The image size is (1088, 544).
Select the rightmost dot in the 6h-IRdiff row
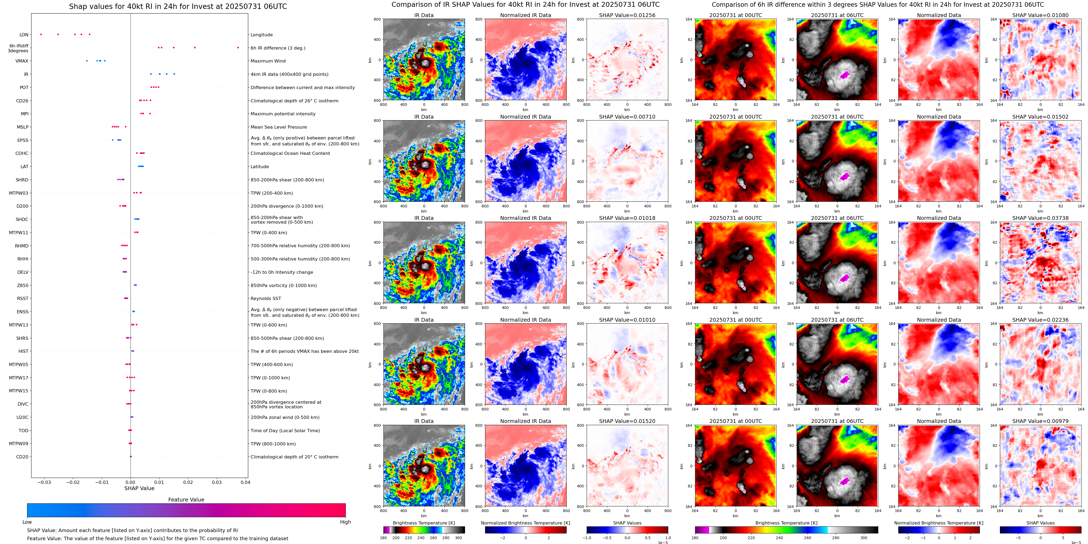tap(238, 48)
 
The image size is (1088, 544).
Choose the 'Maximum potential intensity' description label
tap(283, 114)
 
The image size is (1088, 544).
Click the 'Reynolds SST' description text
tap(266, 298)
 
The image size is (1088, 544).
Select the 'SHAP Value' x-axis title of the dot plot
tap(139, 488)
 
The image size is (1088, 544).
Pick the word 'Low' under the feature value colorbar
tap(27, 522)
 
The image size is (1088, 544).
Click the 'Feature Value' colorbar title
tap(186, 500)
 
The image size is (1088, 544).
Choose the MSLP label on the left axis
tap(22, 127)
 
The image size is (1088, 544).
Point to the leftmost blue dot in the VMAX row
tap(87, 61)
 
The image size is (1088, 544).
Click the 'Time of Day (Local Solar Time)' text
tap(285, 431)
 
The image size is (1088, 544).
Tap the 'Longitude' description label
tap(261, 35)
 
